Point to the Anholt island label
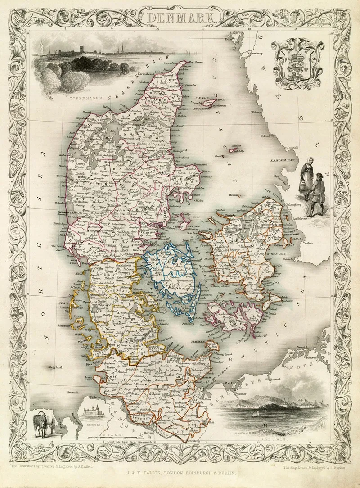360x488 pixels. click(236, 145)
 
